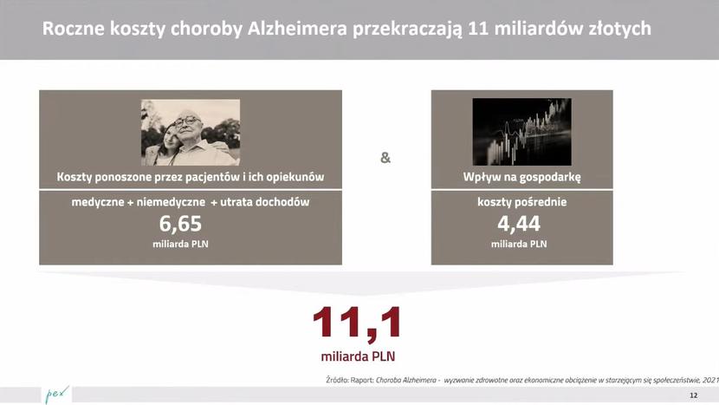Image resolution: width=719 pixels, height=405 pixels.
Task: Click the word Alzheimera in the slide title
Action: pyautogui.click(x=297, y=29)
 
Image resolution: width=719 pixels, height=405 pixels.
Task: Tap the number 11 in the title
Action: pyautogui.click(x=478, y=29)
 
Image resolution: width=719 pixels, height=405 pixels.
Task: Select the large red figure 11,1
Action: pyautogui.click(x=357, y=323)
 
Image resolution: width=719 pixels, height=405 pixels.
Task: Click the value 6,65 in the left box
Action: pyautogui.click(x=180, y=224)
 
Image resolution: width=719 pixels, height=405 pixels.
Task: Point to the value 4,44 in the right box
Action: pyautogui.click(x=519, y=224)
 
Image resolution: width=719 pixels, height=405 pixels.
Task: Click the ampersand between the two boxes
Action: pyautogui.click(x=385, y=158)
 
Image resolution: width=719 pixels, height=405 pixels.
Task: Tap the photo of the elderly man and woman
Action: pyautogui.click(x=191, y=132)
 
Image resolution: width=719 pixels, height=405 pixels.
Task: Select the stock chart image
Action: pyautogui.click(x=521, y=132)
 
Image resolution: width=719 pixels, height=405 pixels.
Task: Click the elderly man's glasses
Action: pyautogui.click(x=187, y=121)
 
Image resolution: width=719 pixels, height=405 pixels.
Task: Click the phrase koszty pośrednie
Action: pyautogui.click(x=521, y=202)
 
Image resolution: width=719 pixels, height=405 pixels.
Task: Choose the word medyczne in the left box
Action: pyautogui.click(x=98, y=202)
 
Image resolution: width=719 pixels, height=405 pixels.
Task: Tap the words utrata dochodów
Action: pyautogui.click(x=264, y=202)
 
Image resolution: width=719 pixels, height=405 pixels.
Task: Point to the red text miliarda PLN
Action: pyautogui.click(x=358, y=356)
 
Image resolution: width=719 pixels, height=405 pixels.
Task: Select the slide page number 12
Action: pyautogui.click(x=693, y=395)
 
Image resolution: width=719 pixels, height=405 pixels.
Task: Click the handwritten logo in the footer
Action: pyautogui.click(x=57, y=394)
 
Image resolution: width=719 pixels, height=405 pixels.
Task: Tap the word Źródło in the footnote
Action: pyautogui.click(x=337, y=380)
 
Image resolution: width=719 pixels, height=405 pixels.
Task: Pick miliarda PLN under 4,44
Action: pyautogui.click(x=519, y=244)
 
